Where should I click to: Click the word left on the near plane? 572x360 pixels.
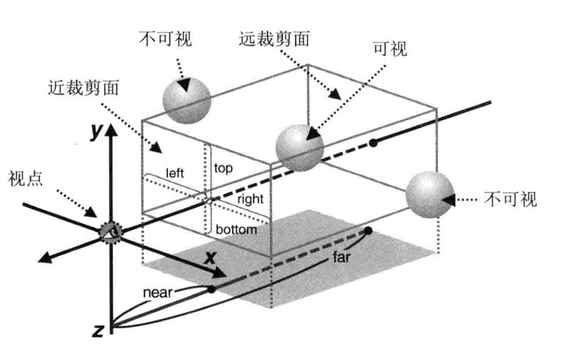pyautogui.click(x=176, y=172)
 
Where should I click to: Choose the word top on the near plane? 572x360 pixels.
pyautogui.click(x=223, y=168)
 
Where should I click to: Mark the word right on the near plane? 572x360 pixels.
pyautogui.click(x=251, y=199)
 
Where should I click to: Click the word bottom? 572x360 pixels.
pyautogui.click(x=236, y=230)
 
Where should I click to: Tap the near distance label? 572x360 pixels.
pyautogui.click(x=157, y=292)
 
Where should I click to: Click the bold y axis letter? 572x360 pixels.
pyautogui.click(x=96, y=132)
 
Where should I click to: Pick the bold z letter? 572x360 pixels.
pyautogui.click(x=97, y=331)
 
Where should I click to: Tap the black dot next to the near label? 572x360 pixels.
pyautogui.click(x=212, y=289)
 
